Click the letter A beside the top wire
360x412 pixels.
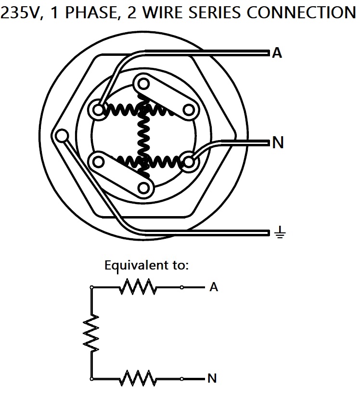277,52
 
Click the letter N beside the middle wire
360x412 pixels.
278,143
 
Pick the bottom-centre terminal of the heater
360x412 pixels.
143,187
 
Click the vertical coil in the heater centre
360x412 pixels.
142,136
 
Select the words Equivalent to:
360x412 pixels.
146,265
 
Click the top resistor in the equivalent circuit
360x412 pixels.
138,288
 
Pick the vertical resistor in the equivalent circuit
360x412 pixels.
91,333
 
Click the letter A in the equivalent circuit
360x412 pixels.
214,288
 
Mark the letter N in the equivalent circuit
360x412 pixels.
212,379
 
